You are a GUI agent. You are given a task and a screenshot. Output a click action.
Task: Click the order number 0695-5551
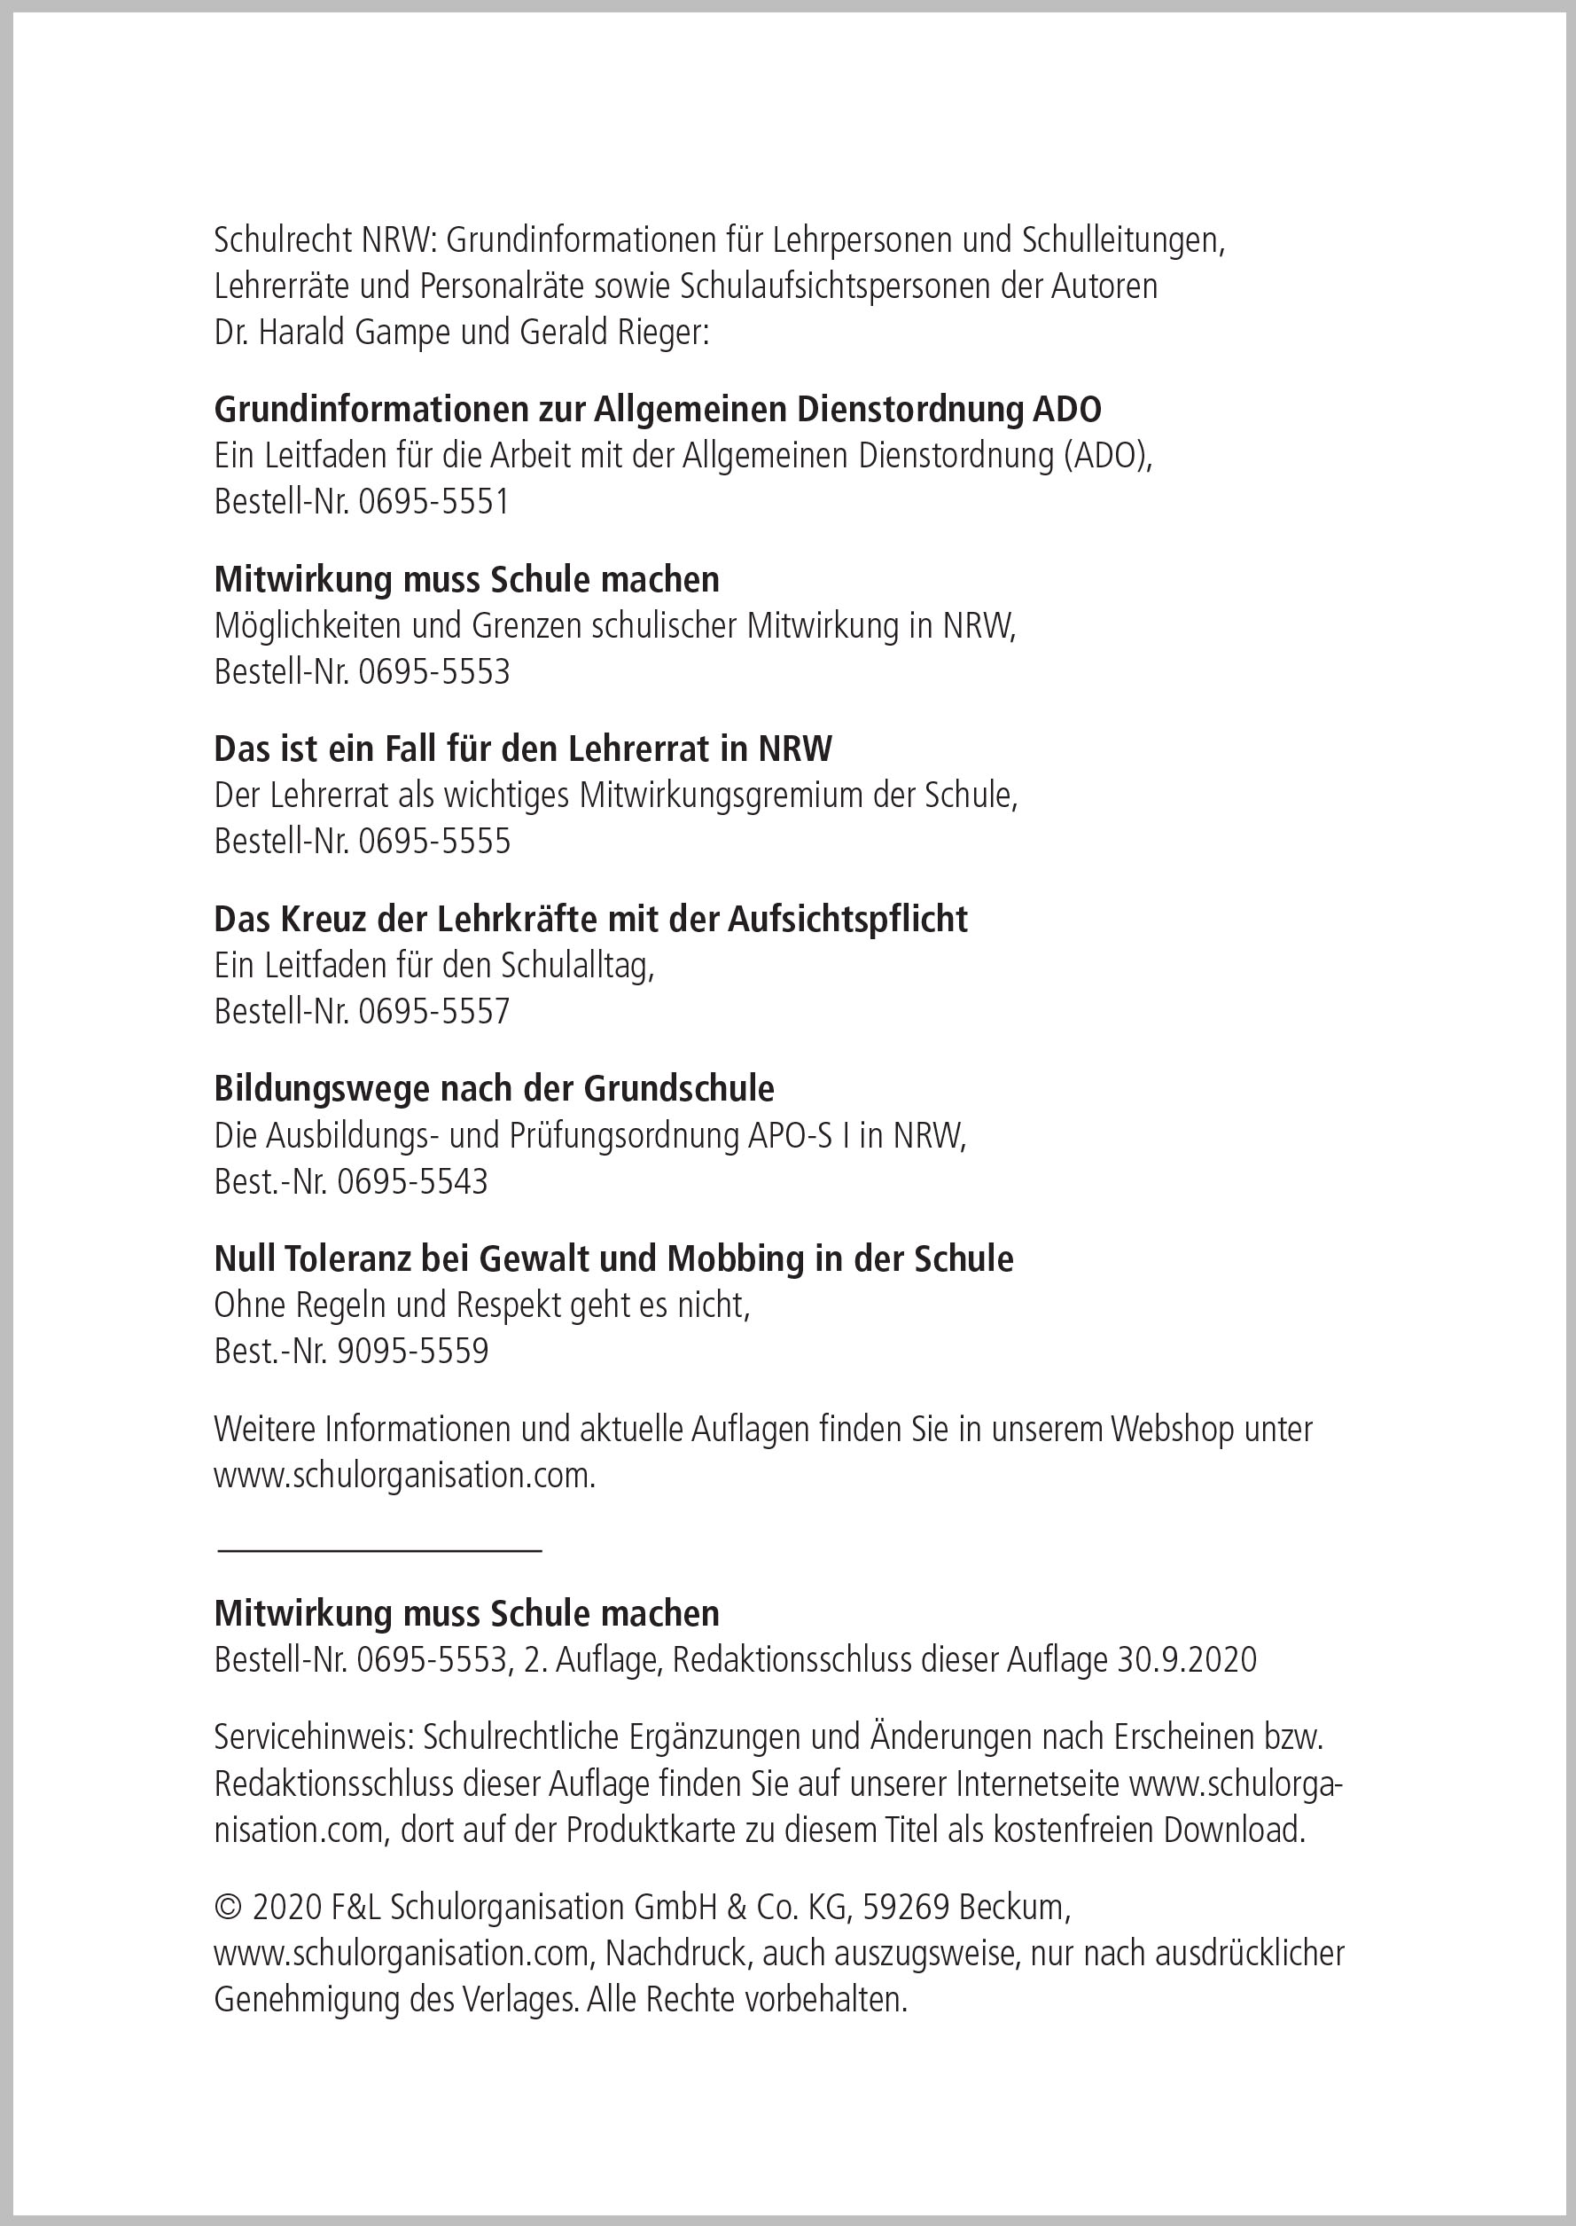(433, 502)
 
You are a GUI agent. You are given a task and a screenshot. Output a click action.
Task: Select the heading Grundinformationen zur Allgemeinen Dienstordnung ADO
(657, 410)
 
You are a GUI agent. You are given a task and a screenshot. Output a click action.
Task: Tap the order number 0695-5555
(433, 842)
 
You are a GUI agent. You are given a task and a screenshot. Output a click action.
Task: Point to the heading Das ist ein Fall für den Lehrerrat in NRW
(523, 749)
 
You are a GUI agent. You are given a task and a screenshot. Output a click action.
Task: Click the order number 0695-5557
(433, 1012)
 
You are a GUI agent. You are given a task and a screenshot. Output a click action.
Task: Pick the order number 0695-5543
(412, 1181)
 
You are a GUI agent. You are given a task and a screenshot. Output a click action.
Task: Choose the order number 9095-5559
(412, 1352)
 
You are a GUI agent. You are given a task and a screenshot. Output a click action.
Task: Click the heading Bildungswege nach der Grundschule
(494, 1089)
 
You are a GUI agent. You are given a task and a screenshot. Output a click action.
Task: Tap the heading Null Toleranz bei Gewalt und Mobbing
(613, 1259)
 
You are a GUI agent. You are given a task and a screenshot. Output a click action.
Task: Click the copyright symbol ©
(227, 1908)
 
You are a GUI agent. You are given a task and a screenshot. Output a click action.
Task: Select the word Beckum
(1013, 1908)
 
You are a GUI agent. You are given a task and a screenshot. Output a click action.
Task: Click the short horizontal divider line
(379, 1551)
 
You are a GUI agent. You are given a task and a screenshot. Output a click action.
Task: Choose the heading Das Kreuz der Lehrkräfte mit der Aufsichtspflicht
(590, 920)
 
